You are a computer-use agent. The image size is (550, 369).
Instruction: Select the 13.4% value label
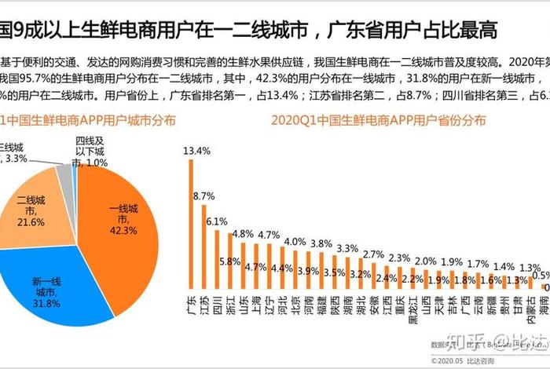click(196, 150)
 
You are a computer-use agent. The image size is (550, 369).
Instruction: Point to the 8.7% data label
click(203, 195)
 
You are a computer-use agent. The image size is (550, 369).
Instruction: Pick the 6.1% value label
click(217, 221)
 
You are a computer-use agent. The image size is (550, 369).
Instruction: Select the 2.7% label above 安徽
click(373, 254)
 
